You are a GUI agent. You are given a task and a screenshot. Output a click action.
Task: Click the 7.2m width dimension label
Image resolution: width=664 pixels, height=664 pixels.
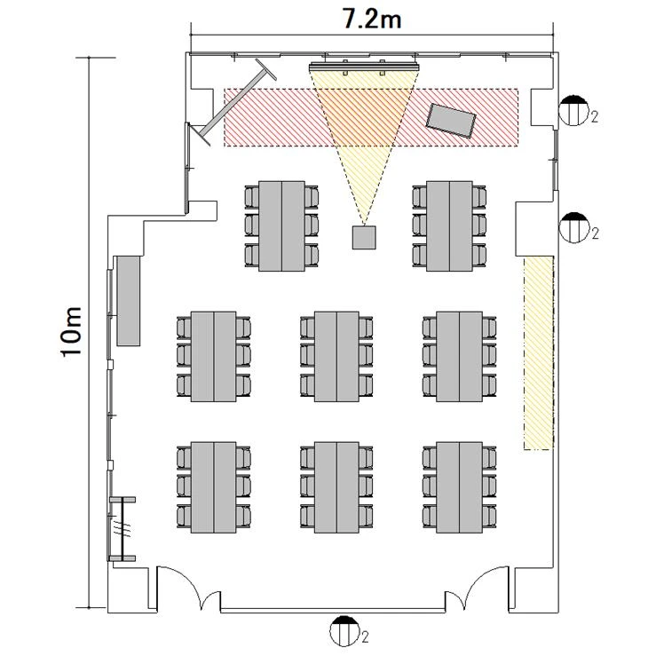[372, 19]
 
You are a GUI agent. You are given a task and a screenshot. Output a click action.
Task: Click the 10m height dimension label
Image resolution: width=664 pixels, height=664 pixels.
[72, 332]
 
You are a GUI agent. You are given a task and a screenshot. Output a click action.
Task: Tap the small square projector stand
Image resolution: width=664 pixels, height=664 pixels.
[364, 237]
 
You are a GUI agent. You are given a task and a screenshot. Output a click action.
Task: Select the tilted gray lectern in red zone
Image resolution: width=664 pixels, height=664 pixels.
[451, 120]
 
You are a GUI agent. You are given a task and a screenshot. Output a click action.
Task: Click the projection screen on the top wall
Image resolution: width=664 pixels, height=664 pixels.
[365, 66]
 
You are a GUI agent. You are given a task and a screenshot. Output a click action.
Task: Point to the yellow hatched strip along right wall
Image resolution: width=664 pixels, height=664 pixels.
[539, 352]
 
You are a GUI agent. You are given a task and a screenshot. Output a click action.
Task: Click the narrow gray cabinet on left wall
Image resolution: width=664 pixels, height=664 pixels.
[129, 301]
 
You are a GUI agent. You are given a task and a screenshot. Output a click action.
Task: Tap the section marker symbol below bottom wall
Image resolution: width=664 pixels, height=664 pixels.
[344, 631]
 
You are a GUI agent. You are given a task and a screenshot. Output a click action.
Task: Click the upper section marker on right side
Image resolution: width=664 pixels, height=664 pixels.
[573, 111]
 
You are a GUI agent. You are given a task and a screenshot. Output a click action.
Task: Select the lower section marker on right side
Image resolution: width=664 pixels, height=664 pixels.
[573, 227]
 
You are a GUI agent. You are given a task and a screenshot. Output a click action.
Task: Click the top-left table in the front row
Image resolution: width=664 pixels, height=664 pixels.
[281, 226]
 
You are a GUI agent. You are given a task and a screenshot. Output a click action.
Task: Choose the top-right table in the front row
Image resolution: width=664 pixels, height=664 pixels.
[449, 226]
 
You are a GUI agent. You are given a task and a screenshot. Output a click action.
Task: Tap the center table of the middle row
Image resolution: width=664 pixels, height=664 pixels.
[336, 357]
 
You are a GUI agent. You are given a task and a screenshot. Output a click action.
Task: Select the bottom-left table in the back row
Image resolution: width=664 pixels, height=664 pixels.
[213, 487]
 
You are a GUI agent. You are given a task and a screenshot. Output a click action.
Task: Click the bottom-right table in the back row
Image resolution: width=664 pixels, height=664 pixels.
[459, 487]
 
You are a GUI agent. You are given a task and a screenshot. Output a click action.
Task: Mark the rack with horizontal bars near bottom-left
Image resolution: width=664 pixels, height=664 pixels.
[123, 529]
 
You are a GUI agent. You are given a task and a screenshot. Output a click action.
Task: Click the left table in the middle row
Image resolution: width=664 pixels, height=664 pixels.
[213, 357]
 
